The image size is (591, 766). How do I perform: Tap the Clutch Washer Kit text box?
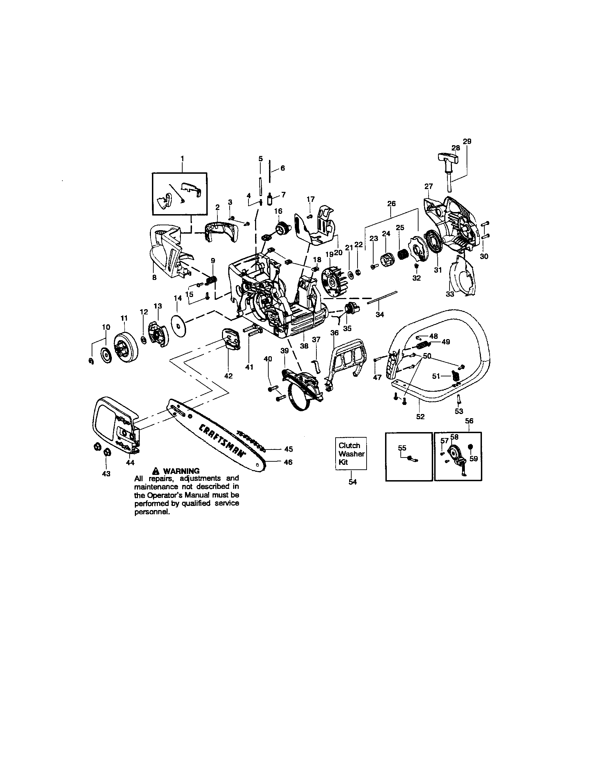pos(351,453)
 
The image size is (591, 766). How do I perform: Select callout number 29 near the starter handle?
pos(467,141)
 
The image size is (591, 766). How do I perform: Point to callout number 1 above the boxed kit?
pos(182,158)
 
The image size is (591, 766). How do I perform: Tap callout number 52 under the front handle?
pos(420,417)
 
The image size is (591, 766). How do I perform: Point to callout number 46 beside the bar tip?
pos(288,462)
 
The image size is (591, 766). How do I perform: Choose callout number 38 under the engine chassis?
pos(304,345)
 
